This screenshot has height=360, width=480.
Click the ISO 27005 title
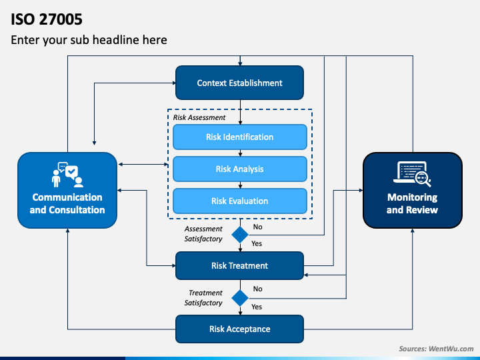[47, 19]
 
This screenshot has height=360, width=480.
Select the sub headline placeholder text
[89, 40]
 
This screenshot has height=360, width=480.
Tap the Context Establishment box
[240, 83]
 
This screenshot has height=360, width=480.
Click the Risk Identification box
[240, 137]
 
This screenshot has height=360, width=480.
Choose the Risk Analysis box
[240, 169]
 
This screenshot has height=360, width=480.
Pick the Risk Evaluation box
[240, 201]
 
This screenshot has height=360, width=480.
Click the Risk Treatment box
[240, 266]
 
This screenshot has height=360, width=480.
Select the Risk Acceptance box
[240, 329]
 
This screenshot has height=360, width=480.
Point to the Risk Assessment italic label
[199, 117]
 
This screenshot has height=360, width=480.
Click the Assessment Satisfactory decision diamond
[240, 235]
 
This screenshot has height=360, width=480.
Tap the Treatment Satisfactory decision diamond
[240, 298]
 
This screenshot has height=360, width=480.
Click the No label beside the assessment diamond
[257, 227]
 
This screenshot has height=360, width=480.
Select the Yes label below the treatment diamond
[257, 307]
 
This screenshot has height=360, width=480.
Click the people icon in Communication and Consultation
[67, 175]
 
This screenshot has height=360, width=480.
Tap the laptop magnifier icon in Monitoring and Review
[413, 173]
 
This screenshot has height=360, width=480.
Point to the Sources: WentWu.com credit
[436, 349]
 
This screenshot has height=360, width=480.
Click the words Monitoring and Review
[413, 203]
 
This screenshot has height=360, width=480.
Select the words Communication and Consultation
[67, 203]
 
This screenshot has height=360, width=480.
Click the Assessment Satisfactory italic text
[203, 234]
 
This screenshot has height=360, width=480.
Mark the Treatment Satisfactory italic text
[203, 298]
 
